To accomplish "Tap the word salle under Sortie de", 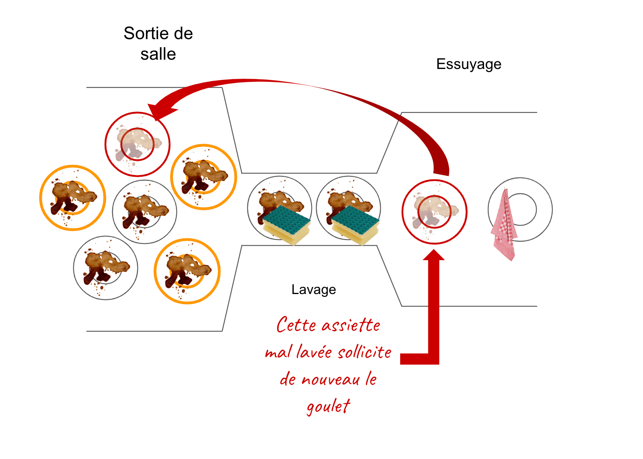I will tap(158, 54).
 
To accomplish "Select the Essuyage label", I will tap(469, 64).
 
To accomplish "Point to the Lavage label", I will tap(313, 290).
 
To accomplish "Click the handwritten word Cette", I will tap(296, 325).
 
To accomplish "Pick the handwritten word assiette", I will tap(351, 325).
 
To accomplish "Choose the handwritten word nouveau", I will tap(330, 380).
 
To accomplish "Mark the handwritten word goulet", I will tap(328, 406).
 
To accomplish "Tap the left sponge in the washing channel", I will tap(287, 225).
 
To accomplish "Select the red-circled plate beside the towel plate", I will tap(434, 212).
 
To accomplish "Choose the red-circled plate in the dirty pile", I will tap(138, 144).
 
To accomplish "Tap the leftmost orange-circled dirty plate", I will tap(73, 198).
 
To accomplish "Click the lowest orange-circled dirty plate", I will tap(187, 271).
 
